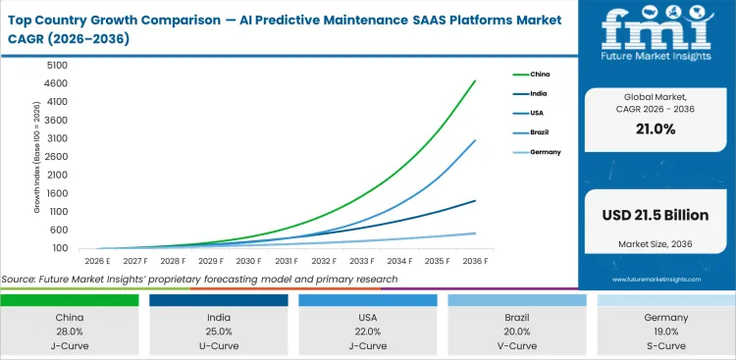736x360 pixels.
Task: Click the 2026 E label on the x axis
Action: [96, 261]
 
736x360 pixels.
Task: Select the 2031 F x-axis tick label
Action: [286, 261]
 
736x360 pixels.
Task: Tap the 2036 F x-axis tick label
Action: [475, 261]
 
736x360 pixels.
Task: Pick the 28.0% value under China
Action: [69, 332]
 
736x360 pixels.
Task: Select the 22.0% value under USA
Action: [368, 332]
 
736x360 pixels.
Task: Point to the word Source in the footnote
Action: [21, 279]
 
